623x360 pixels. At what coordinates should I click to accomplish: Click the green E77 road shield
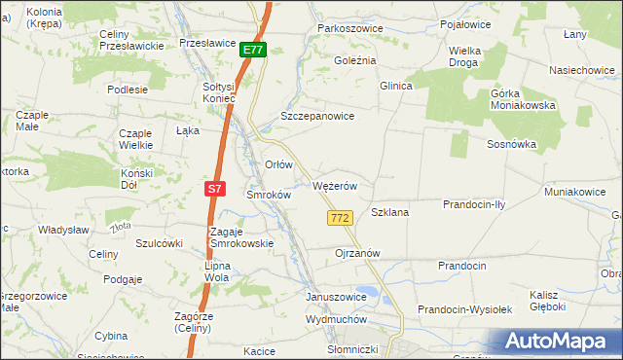(x=252, y=50)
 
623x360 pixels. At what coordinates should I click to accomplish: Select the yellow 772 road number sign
(x=340, y=219)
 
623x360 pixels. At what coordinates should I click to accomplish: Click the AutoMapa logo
(x=556, y=342)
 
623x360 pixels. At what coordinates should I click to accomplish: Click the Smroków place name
(x=269, y=194)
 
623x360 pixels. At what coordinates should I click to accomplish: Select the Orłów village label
(x=279, y=164)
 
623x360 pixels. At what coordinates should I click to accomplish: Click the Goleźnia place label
(x=354, y=60)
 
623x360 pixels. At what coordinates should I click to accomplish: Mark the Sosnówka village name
(x=512, y=144)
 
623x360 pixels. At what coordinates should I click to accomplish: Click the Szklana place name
(x=389, y=211)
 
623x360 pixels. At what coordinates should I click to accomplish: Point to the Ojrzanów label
(x=356, y=252)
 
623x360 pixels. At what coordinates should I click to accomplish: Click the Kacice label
(x=260, y=350)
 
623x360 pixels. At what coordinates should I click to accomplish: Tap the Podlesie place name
(x=128, y=89)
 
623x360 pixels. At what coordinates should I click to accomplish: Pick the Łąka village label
(x=187, y=129)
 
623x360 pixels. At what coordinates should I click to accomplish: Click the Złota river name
(x=121, y=227)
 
